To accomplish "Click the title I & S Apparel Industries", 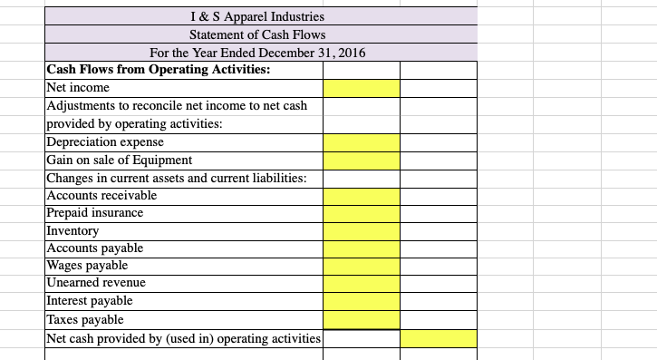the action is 261,15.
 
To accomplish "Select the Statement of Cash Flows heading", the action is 261,34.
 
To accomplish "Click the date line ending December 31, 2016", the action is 261,52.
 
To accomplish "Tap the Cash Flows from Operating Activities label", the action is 158,69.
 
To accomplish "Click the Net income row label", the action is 78,87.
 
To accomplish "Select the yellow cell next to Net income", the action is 362,87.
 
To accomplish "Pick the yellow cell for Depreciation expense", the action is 362,141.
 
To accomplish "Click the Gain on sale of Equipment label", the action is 106,160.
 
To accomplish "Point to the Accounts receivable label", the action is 101,195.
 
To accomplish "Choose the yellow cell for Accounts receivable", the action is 362,195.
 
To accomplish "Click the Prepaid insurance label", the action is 94,212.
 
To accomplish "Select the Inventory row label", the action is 72,230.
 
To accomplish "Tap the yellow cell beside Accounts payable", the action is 362,248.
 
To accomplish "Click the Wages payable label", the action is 87,266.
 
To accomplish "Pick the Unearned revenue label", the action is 95,283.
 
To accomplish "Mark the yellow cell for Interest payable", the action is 362,301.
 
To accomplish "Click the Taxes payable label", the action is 84,319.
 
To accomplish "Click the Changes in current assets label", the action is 176,178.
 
